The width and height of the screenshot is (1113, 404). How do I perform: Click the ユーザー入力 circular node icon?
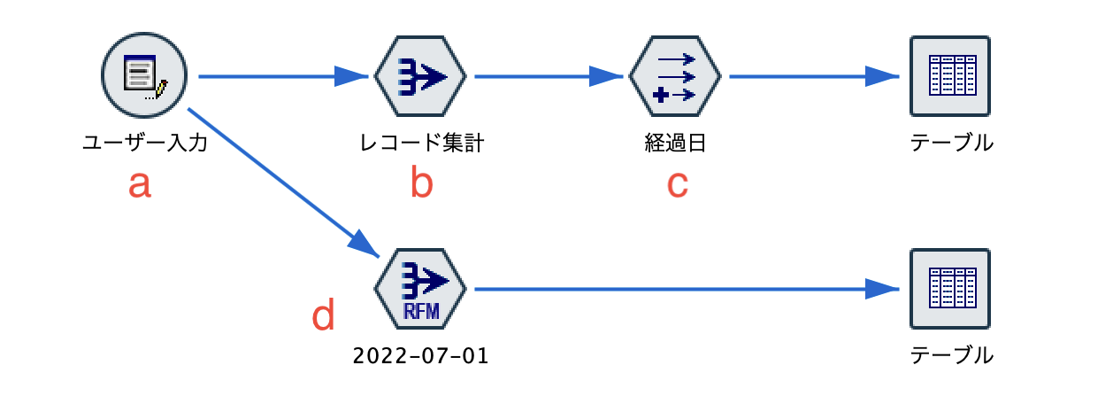coord(143,77)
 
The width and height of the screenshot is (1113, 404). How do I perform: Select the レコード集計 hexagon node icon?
coord(419,77)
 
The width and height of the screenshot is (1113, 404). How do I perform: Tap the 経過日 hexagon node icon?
coord(674,77)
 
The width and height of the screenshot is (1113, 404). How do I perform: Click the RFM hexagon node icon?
coord(419,290)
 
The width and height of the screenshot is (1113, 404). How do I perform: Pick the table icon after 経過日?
coord(950,77)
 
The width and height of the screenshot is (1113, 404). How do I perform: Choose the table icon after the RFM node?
coord(950,290)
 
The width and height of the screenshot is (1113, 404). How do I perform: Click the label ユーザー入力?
coord(144,143)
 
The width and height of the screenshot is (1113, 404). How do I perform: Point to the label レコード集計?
coord(421,143)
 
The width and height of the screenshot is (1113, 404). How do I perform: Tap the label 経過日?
coord(675,143)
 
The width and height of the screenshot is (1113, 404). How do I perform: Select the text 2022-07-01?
coord(420,356)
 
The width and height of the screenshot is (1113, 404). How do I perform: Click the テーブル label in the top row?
coord(951,143)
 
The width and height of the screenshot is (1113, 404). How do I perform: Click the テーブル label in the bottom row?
coord(951,356)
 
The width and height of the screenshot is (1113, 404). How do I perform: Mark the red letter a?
coord(140,183)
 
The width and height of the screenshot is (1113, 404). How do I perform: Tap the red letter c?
coord(676,183)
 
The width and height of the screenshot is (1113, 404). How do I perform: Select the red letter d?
coord(325,315)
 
